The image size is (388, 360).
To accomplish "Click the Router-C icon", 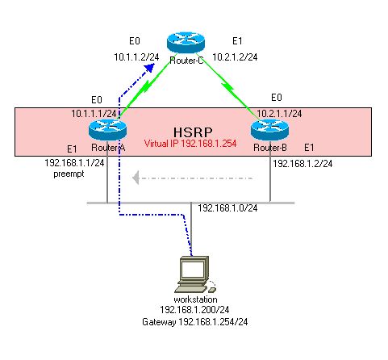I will (182, 44).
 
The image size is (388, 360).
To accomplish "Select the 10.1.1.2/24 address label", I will (136, 57).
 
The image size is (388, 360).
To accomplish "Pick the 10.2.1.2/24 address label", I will (236, 57).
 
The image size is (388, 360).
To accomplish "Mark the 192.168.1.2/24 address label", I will (303, 164).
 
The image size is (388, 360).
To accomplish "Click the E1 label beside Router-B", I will (309, 149).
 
